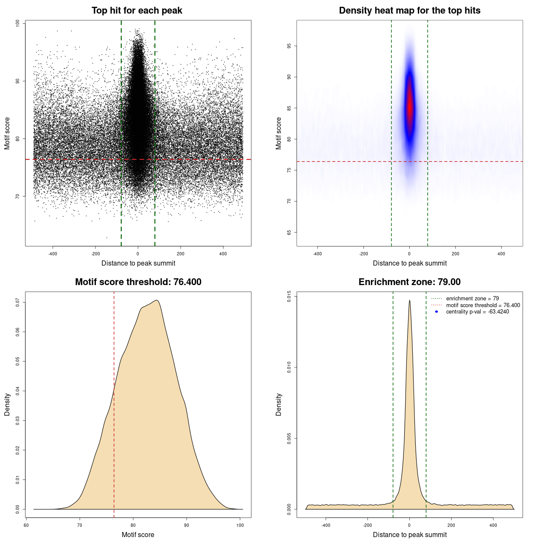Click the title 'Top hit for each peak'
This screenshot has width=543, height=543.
click(x=137, y=11)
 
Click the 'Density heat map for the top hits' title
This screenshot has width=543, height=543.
click(x=409, y=11)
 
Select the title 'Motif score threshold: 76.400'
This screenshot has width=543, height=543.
click(x=138, y=282)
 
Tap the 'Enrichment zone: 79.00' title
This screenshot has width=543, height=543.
click(x=409, y=282)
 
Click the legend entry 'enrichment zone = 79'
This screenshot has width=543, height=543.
click(x=472, y=299)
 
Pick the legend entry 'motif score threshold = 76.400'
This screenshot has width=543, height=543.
click(x=483, y=305)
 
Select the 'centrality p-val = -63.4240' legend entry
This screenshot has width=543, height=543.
click(x=477, y=312)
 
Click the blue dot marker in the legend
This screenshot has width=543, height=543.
click(x=437, y=312)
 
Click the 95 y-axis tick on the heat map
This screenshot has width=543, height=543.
click(x=289, y=46)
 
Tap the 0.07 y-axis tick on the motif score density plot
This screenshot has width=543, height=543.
click(x=18, y=302)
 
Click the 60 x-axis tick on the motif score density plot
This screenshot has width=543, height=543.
click(x=26, y=525)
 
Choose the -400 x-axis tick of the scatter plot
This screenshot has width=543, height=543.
click(x=53, y=254)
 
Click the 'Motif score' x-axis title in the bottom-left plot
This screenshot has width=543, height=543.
click(x=138, y=535)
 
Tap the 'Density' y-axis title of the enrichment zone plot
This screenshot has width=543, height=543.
click(x=279, y=404)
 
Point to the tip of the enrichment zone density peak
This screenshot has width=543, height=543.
click(x=409, y=300)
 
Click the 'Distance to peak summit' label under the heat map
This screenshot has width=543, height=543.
click(x=409, y=263)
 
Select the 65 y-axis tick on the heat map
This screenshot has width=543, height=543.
click(x=289, y=232)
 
